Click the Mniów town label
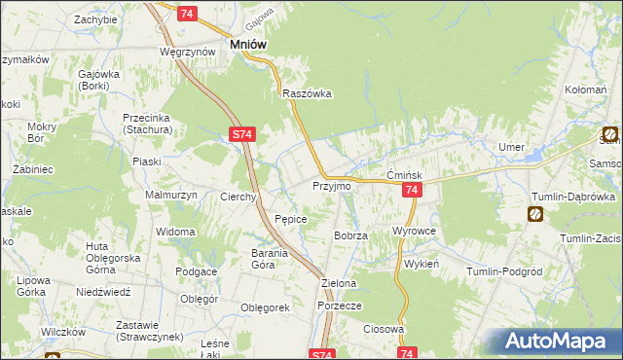coord(247,44)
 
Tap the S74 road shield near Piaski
coord(243,137)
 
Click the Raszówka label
coord(307,94)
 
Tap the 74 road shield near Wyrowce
coord(412,191)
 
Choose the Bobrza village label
coord(350,236)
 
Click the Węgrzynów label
coord(188,51)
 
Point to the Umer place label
coord(511,146)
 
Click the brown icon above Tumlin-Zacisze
coord(536,214)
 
